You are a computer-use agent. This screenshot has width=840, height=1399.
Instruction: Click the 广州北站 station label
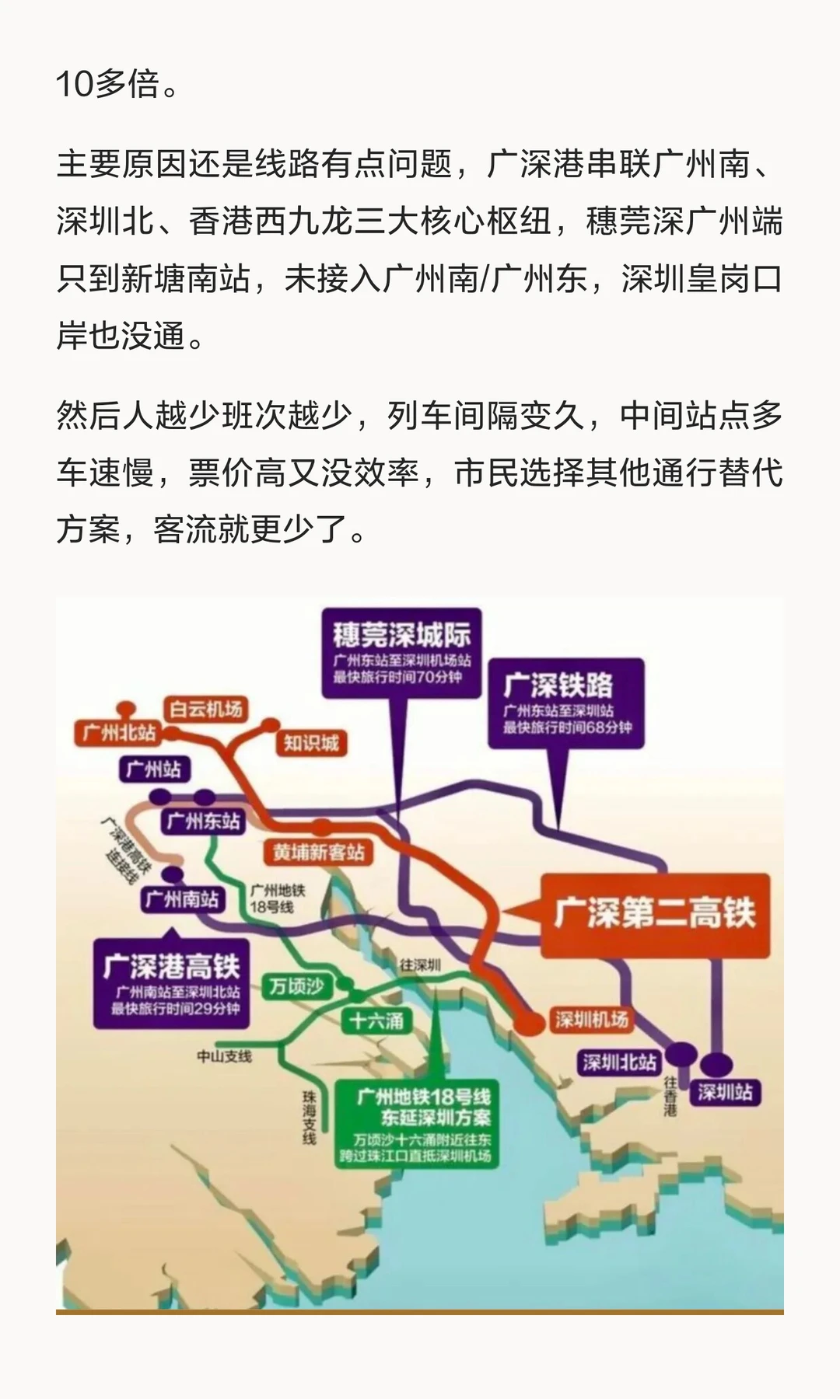click(x=118, y=732)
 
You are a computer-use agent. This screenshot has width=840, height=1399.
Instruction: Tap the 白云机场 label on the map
click(x=206, y=708)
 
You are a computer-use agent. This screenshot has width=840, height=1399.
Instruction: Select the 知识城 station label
click(x=310, y=743)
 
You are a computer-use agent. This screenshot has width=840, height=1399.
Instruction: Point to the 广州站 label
click(x=154, y=769)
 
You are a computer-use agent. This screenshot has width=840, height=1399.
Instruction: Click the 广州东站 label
click(x=203, y=822)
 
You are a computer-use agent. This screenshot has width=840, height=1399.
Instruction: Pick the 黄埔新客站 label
click(x=318, y=852)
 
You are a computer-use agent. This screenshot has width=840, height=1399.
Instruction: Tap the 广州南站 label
click(x=182, y=899)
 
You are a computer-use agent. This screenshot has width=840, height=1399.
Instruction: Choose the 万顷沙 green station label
click(x=296, y=986)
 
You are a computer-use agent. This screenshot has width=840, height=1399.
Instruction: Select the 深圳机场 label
click(x=591, y=1019)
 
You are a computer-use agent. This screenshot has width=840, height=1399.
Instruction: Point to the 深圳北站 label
click(x=620, y=1062)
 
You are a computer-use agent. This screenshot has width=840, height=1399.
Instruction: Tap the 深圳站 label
click(x=725, y=1092)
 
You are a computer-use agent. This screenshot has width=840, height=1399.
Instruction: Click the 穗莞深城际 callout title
click(x=401, y=635)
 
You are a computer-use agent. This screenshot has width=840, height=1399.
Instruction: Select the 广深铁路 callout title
click(x=558, y=685)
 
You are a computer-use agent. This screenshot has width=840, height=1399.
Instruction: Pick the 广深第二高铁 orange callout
click(x=654, y=913)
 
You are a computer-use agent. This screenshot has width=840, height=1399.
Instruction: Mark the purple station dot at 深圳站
click(x=716, y=1063)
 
